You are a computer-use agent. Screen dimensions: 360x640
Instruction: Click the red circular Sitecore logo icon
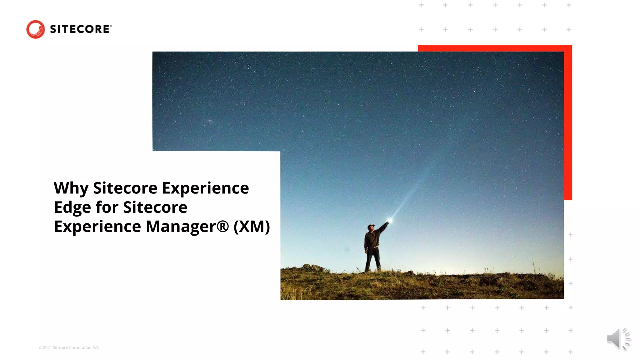coord(35,29)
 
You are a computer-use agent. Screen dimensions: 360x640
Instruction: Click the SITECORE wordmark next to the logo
coord(80,29)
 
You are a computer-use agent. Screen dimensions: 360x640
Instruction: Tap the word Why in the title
coord(71,188)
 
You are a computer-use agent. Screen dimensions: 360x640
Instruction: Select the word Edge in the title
coord(72,208)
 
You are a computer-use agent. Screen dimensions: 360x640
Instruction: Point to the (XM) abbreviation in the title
coord(252,227)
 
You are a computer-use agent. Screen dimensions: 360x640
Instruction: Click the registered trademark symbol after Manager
coord(222,227)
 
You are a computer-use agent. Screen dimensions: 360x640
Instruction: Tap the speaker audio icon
coord(618,339)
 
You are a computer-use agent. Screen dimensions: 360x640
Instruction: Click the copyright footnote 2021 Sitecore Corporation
coord(69,347)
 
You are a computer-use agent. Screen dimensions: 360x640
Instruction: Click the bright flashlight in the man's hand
coord(390,221)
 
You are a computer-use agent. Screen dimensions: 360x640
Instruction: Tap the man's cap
coord(371,226)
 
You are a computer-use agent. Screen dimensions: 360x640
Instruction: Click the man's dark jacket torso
coord(372,240)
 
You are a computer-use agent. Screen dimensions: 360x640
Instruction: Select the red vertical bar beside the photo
coord(568,125)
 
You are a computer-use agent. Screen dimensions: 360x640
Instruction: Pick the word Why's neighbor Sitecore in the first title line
coord(125,188)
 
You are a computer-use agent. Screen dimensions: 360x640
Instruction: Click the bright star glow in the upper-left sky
coord(210,121)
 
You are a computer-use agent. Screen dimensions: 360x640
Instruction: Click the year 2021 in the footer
coord(47,347)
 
